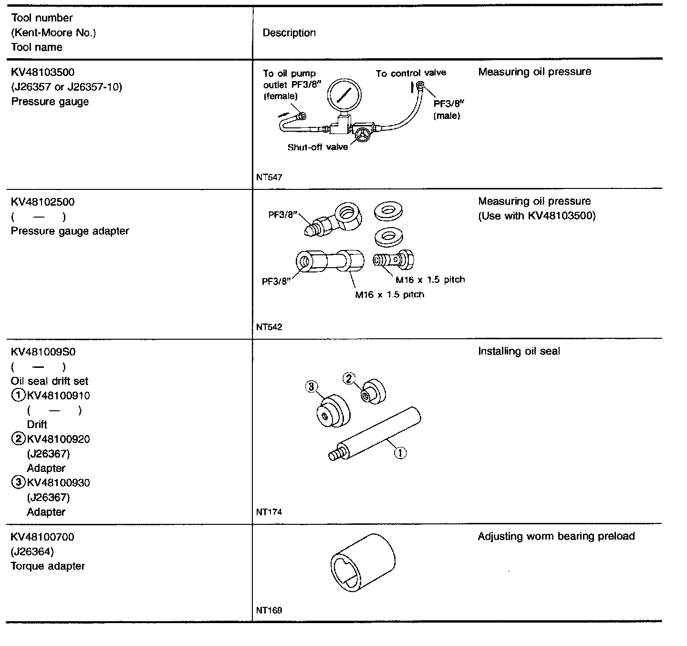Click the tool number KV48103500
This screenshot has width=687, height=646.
(x=42, y=73)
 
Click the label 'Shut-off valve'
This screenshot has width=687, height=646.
(x=317, y=147)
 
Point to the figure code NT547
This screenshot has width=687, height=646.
(x=269, y=177)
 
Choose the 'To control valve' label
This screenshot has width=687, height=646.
(x=411, y=73)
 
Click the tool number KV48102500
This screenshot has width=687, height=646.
(x=42, y=202)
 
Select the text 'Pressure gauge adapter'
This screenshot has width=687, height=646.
(x=70, y=231)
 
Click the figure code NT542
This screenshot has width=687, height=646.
(x=269, y=327)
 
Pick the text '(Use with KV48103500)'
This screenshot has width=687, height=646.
(x=537, y=216)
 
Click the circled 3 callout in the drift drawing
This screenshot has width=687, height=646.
(x=311, y=386)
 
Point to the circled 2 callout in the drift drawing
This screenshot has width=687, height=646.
(x=349, y=378)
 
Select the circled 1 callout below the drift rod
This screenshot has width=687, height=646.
(x=400, y=452)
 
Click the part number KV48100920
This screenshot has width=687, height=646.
(x=58, y=439)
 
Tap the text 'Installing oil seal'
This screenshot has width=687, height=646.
(x=519, y=351)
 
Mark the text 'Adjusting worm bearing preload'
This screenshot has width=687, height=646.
(x=556, y=536)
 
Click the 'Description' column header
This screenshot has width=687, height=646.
(x=289, y=33)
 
